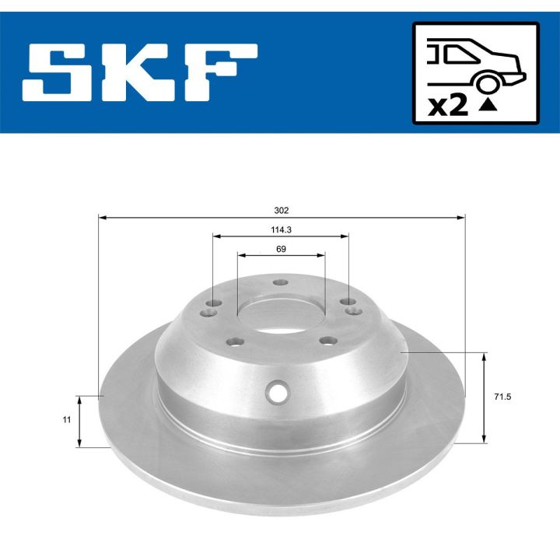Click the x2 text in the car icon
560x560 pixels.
tap(449, 105)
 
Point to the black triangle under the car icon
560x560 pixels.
tap(488, 107)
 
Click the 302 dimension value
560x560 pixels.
tap(281, 210)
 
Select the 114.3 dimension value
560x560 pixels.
tap(280, 229)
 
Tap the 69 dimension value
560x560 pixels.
tap(281, 249)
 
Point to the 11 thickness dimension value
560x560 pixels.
tap(68, 419)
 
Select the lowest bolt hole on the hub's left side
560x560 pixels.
tap(233, 340)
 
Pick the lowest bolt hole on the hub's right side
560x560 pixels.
tap(328, 340)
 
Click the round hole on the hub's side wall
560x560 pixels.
tap(277, 391)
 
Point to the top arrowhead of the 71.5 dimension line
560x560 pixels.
tap(485, 356)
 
